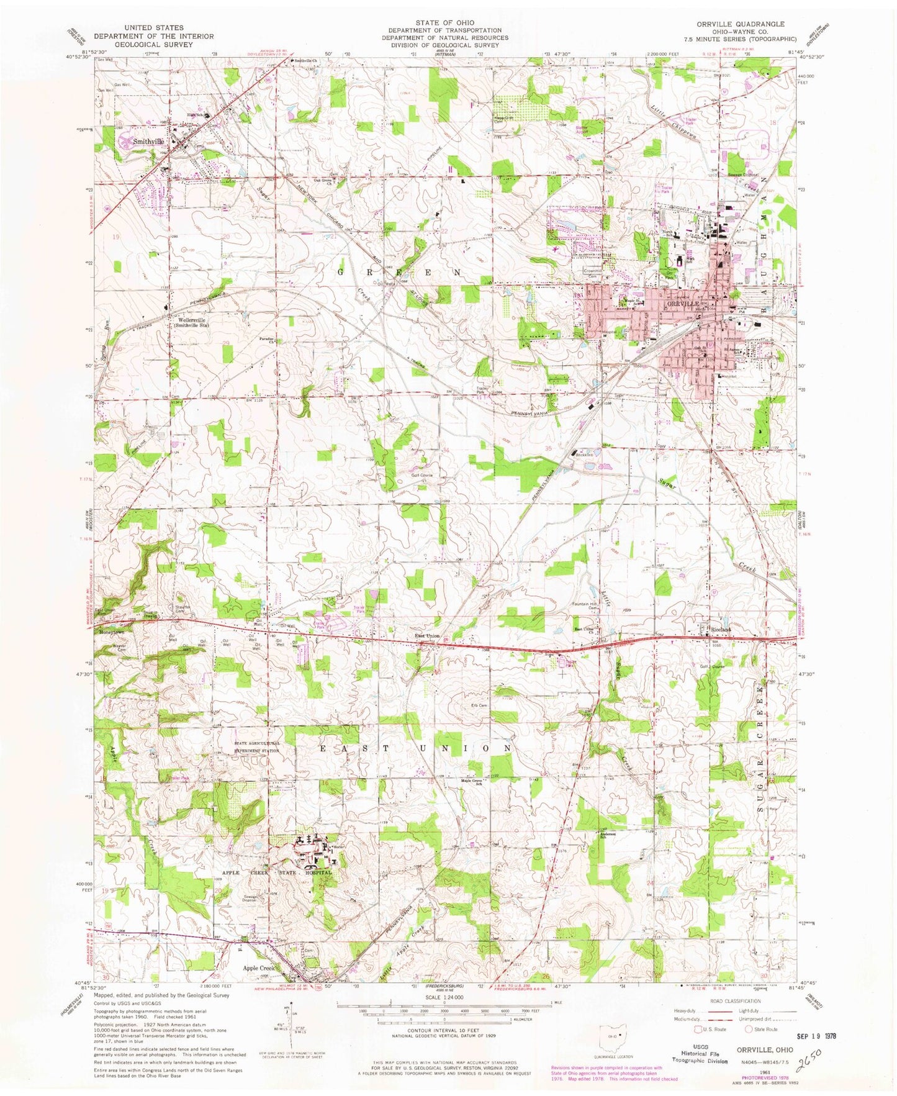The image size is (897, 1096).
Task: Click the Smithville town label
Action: [148, 142]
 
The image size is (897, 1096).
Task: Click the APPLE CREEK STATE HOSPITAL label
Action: [277, 872]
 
